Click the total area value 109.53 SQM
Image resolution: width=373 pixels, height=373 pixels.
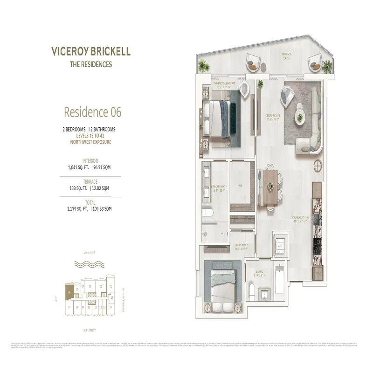pyautogui.click(x=101, y=209)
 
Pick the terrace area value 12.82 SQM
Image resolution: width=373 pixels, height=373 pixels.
pyautogui.click(x=101, y=188)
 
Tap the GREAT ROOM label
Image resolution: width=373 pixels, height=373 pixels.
pyautogui.click(x=273, y=117)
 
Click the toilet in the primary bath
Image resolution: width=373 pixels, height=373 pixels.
pyautogui.click(x=209, y=214)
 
